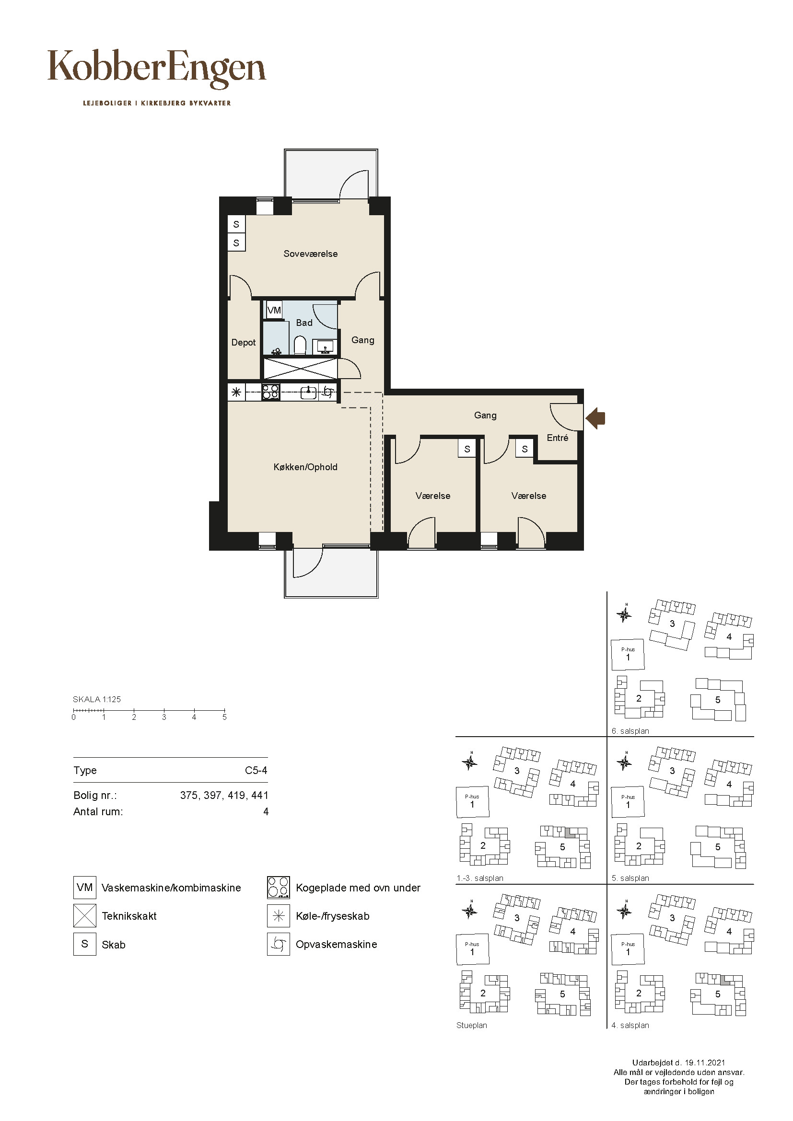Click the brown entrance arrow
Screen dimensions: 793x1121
[595, 418]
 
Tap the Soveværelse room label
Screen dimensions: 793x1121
[311, 254]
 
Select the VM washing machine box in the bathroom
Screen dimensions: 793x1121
[274, 310]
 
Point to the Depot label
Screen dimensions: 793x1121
[244, 343]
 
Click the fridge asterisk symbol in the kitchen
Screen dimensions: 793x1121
[236, 392]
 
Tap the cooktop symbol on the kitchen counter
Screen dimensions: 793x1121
[270, 392]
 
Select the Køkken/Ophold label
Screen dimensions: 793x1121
[305, 467]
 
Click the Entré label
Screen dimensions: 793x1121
[558, 438]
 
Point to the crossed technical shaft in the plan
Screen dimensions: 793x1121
[300, 369]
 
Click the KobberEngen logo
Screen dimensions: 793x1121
[157, 70]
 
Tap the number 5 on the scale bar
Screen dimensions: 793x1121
[224, 717]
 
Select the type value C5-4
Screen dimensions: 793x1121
[257, 771]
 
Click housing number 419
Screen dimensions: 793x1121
[236, 796]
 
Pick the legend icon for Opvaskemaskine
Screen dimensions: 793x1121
[279, 944]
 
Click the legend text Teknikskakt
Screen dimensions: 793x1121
[129, 916]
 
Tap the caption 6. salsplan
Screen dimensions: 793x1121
[630, 731]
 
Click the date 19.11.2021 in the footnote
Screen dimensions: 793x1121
[705, 1063]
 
